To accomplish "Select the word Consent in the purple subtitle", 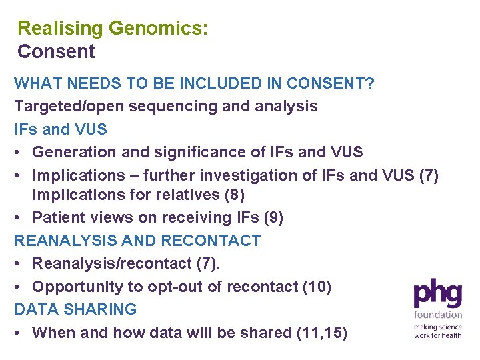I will pos(56,51).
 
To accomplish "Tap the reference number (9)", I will pos(271,218).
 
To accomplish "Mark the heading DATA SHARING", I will pos(75,309).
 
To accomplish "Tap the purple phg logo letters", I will pos(437,295).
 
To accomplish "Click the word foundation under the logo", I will pos(437,315).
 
